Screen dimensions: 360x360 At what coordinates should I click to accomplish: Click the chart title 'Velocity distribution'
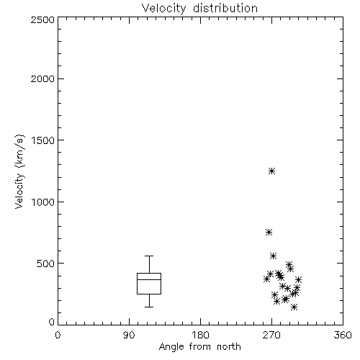[199, 8]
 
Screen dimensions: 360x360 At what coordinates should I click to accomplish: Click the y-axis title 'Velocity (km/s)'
[19, 171]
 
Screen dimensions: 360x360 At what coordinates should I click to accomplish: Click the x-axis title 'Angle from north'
[199, 347]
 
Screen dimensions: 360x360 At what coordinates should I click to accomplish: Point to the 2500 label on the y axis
[42, 19]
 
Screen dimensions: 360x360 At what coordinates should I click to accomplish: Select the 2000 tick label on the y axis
[42, 78]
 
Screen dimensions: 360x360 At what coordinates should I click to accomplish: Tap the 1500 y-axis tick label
[43, 140]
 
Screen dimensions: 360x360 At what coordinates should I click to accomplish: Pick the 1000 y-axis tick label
[43, 202]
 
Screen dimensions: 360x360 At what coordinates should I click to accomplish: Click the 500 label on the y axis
[46, 264]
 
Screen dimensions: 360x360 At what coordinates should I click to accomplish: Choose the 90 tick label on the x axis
[129, 335]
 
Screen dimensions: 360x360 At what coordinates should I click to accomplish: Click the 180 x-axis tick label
[200, 335]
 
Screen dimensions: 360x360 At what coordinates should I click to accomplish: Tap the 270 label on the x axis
[271, 335]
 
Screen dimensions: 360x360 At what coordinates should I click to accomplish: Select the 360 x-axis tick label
[343, 335]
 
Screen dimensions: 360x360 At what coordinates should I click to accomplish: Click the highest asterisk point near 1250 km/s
[271, 171]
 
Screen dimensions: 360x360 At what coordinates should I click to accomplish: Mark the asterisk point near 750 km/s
[269, 232]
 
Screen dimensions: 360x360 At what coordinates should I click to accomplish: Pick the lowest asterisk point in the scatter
[294, 307]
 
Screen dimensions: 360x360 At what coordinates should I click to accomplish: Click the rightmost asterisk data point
[298, 279]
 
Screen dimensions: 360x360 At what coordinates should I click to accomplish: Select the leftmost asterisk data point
[266, 279]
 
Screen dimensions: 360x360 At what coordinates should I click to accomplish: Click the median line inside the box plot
[149, 279]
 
